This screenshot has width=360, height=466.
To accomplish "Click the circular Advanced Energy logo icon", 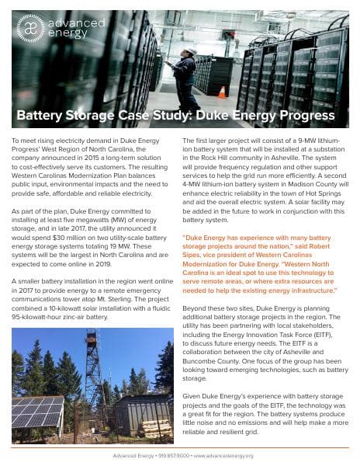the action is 29,29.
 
